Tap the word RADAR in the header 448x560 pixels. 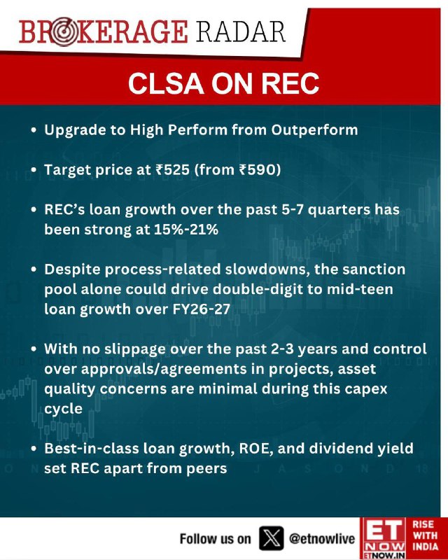pyautogui.click(x=241, y=32)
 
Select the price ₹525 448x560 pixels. pyautogui.click(x=173, y=169)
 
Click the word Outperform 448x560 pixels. pyautogui.click(x=314, y=130)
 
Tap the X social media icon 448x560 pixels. pyautogui.click(x=271, y=538)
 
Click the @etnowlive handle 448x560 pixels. pyautogui.click(x=322, y=539)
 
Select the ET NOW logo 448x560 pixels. pyautogui.click(x=383, y=538)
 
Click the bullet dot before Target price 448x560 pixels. pyautogui.click(x=34, y=170)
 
